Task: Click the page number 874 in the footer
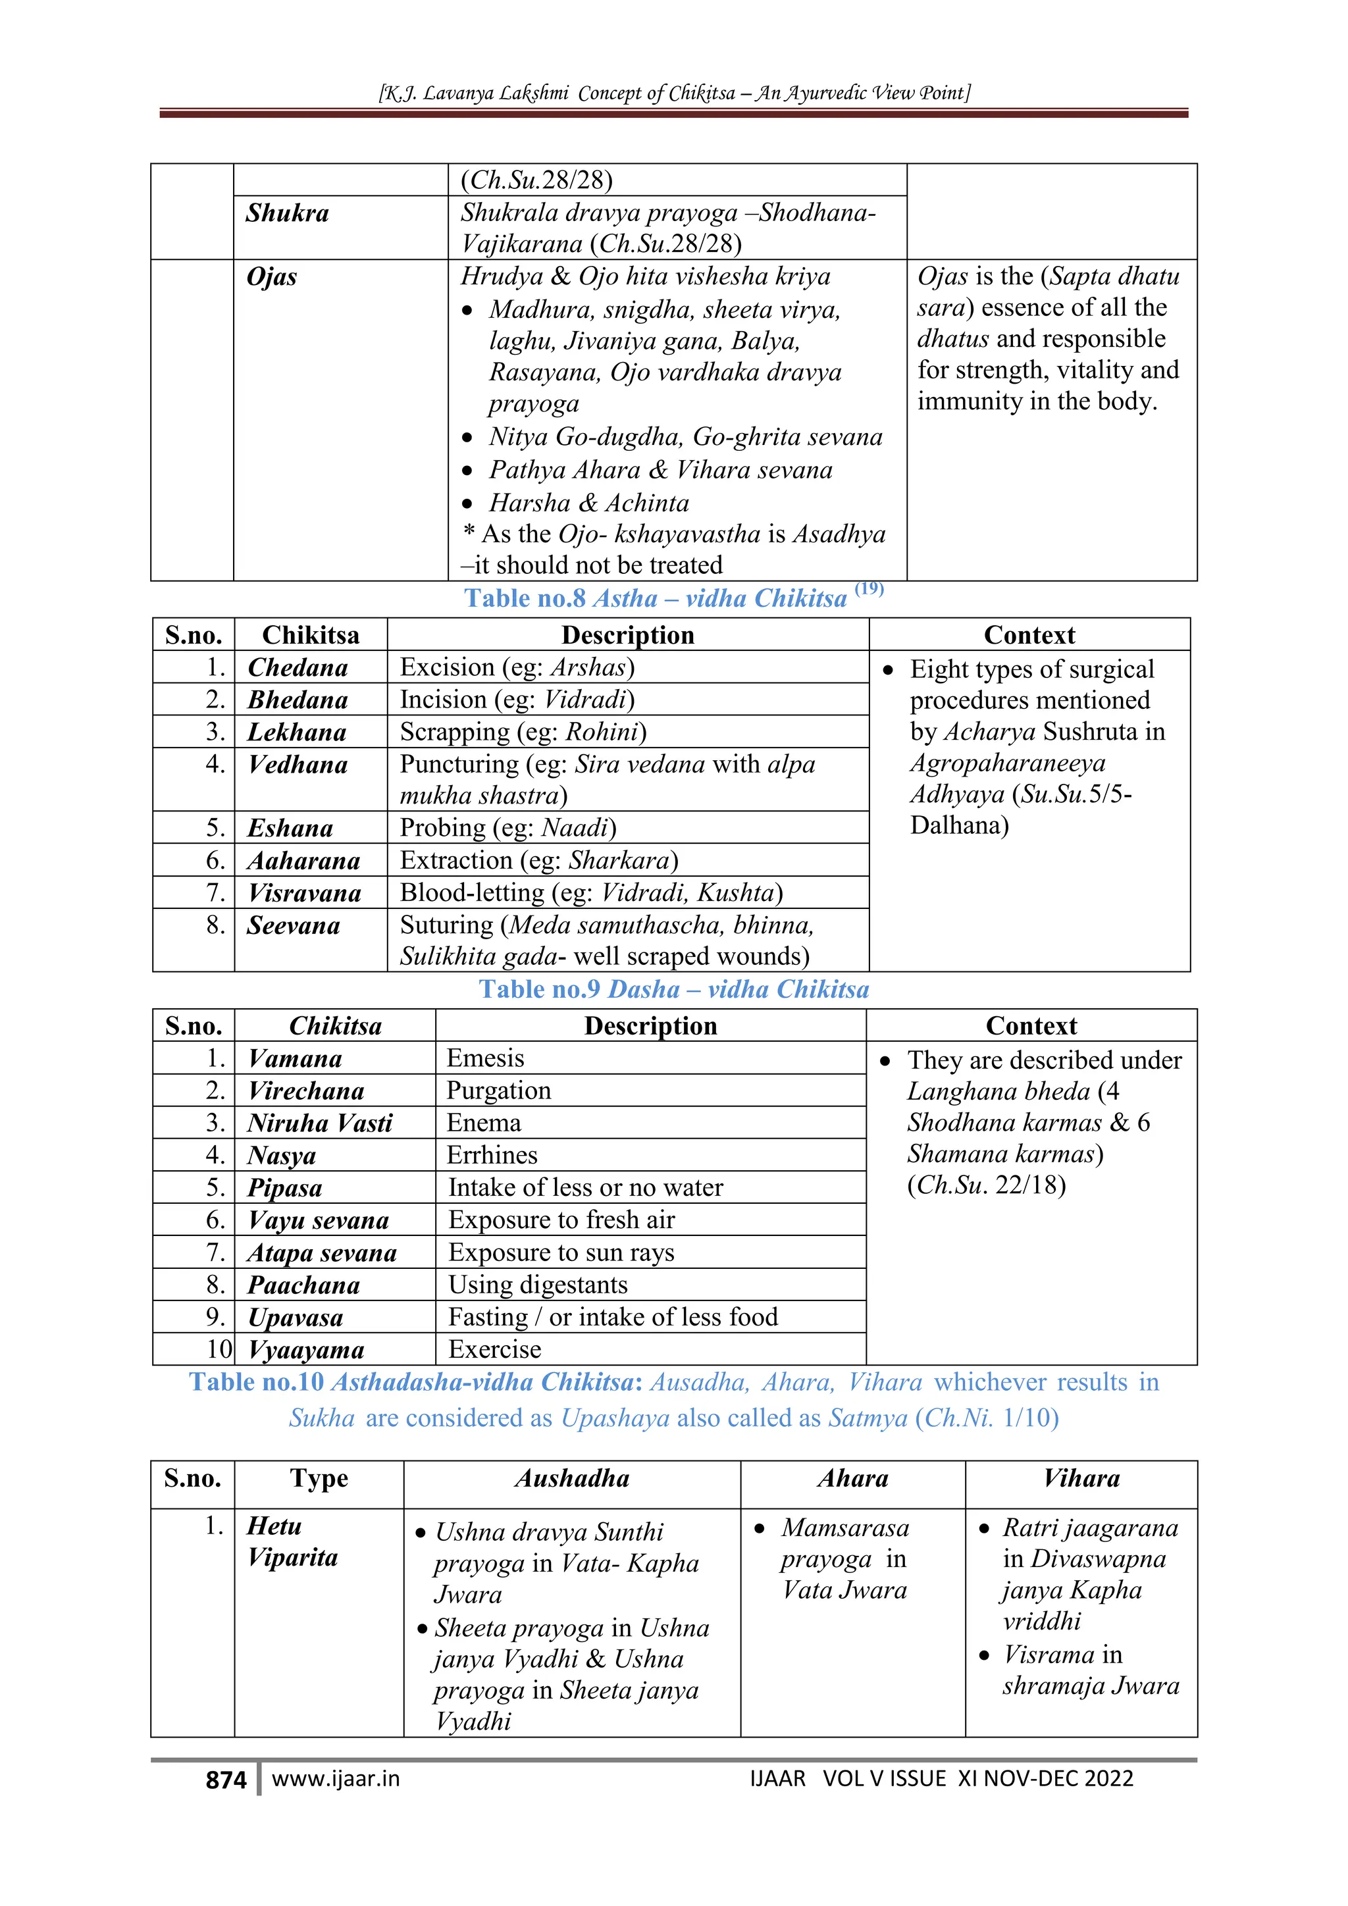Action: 225,1780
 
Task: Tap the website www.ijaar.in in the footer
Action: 335,1779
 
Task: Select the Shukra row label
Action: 287,213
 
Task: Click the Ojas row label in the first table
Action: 271,276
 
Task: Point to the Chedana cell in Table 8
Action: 298,667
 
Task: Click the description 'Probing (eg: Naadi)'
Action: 508,828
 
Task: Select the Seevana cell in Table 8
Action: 294,925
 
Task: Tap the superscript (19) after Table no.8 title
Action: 869,588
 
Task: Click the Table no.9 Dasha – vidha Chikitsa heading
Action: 674,989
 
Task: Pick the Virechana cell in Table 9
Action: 306,1091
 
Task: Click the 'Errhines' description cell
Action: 492,1155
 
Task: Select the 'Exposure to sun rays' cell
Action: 561,1252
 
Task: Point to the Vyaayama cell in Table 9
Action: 306,1350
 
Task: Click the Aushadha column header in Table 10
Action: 572,1478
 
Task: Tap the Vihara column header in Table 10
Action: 1081,1478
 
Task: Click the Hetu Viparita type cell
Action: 292,1541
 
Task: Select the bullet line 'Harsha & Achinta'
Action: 588,503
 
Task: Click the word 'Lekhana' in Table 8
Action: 297,732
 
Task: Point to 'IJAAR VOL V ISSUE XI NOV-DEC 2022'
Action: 941,1779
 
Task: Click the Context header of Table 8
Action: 1029,635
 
